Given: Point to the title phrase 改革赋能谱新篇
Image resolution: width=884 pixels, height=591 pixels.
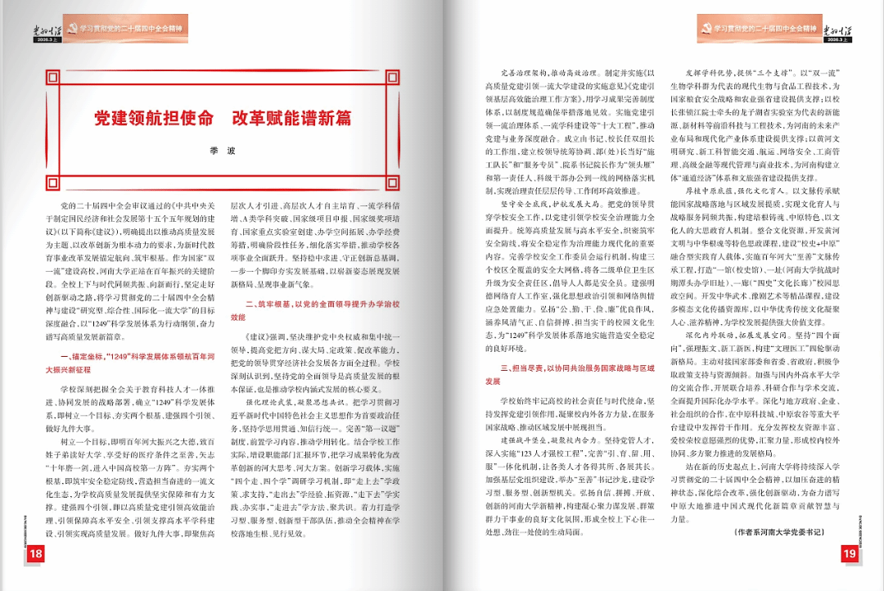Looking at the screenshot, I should (291, 118).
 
